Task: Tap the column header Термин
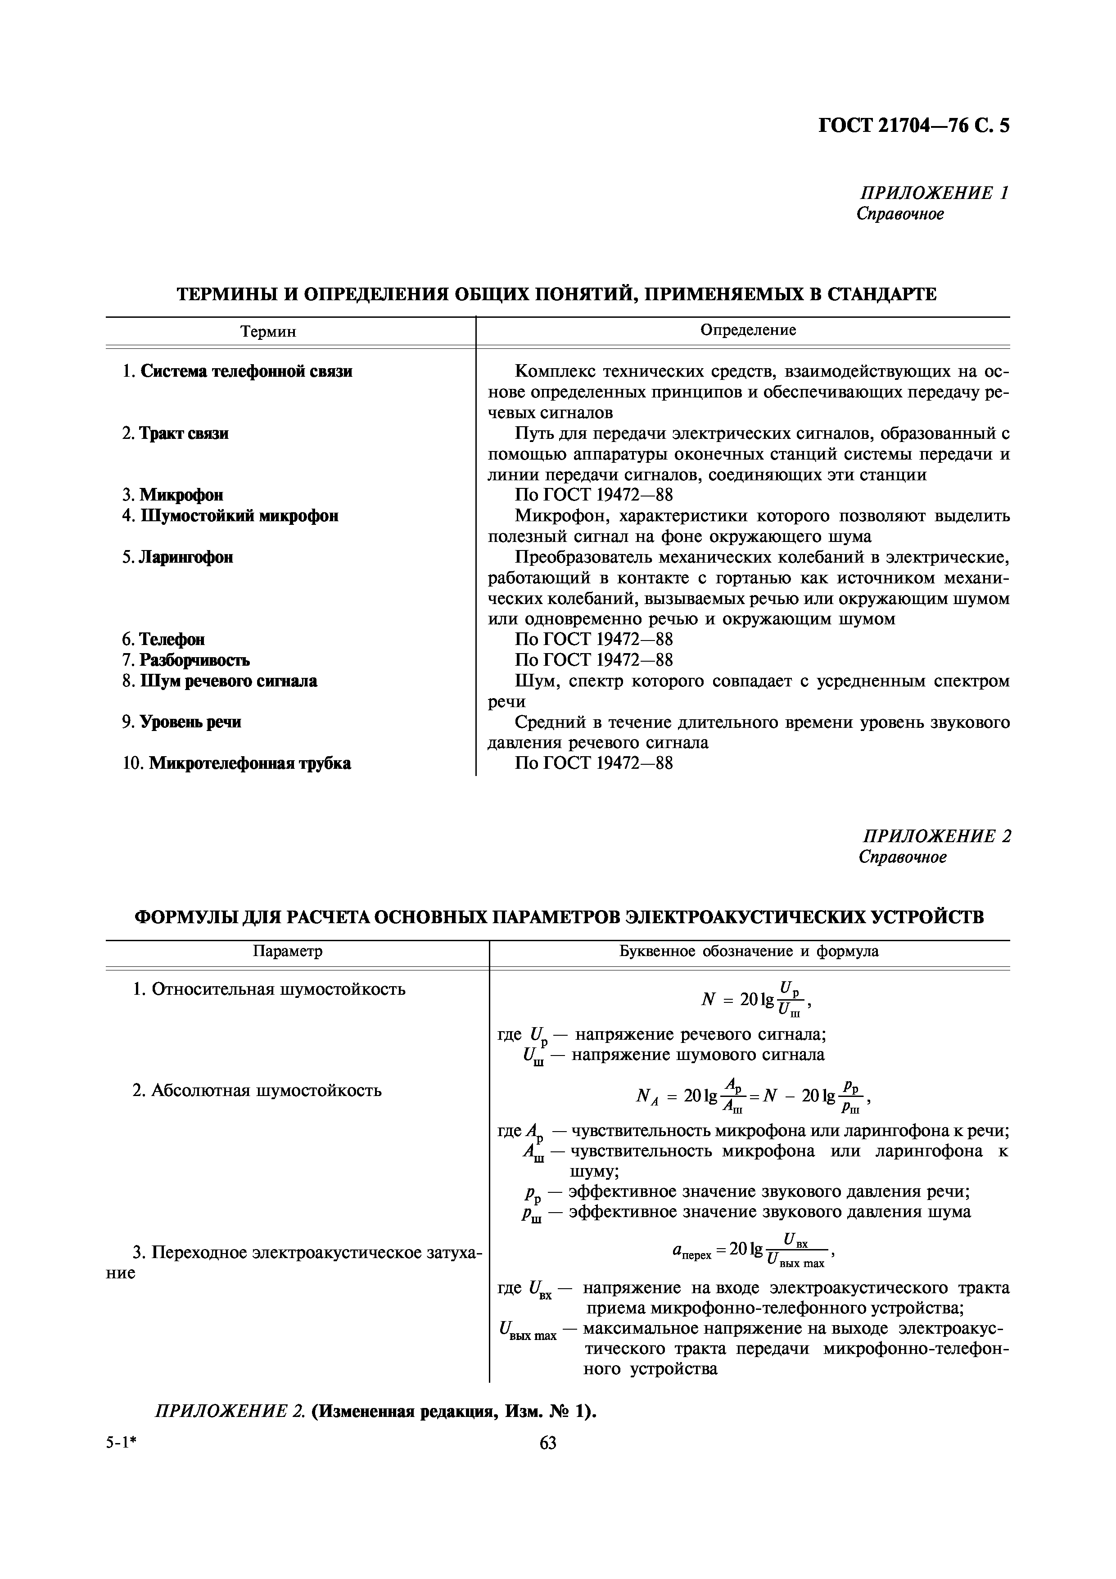268,331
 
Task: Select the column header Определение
748,329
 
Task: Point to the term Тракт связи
184,433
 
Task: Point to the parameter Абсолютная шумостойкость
266,1091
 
